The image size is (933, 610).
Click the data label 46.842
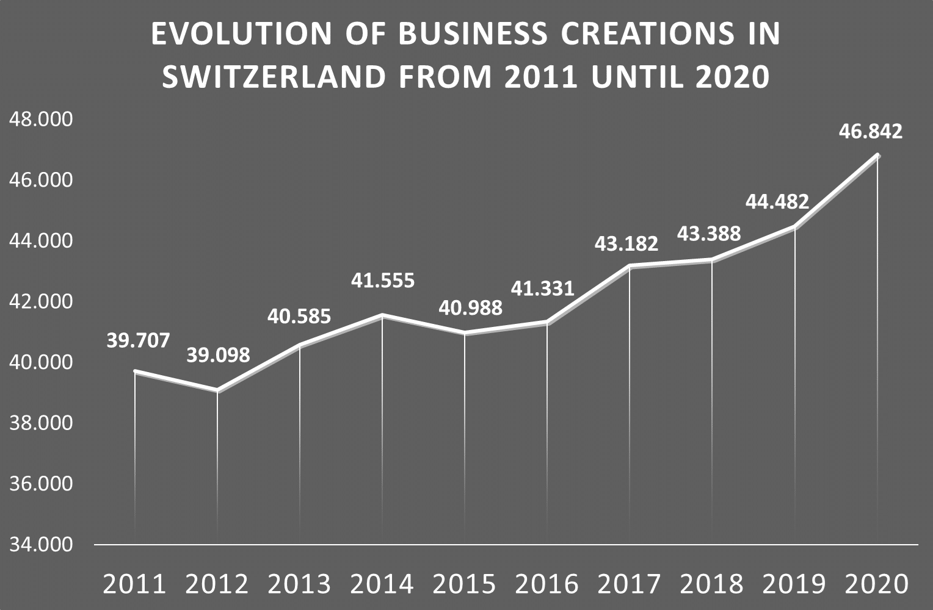tap(870, 131)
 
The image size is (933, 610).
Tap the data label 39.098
tap(218, 355)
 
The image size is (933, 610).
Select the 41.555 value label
tap(382, 280)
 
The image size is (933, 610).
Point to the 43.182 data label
tap(626, 244)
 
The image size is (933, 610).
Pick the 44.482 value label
tap(777, 201)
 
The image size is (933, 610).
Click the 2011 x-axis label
tap(134, 584)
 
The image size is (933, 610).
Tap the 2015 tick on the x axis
tap(464, 584)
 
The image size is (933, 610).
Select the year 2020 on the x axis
tap(876, 584)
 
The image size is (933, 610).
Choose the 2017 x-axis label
tap(629, 584)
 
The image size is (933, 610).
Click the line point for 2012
tap(217, 390)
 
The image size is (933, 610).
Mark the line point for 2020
tap(877, 155)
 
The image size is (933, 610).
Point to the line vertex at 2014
tap(382, 315)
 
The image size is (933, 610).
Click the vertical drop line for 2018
tap(712, 396)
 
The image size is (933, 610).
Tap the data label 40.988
tap(470, 307)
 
